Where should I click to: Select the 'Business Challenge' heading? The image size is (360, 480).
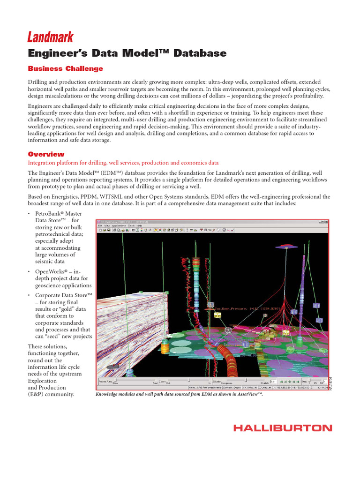66,69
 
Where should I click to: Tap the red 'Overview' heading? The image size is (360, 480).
46,154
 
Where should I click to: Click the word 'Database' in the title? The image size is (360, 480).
200,53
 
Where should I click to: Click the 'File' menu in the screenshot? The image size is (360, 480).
100,225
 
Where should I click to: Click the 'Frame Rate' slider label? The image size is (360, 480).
105,381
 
